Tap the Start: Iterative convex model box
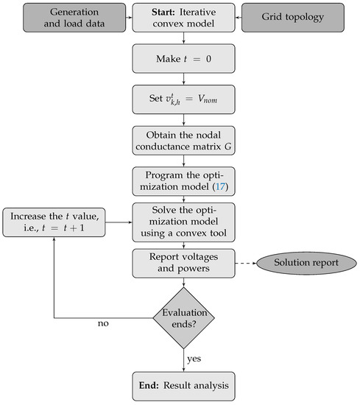(179, 18)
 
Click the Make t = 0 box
(179, 58)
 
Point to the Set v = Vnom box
(179, 98)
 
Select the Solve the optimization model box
(179, 221)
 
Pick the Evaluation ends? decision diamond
(179, 317)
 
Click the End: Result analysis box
(179, 384)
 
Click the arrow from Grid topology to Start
(234, 18)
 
